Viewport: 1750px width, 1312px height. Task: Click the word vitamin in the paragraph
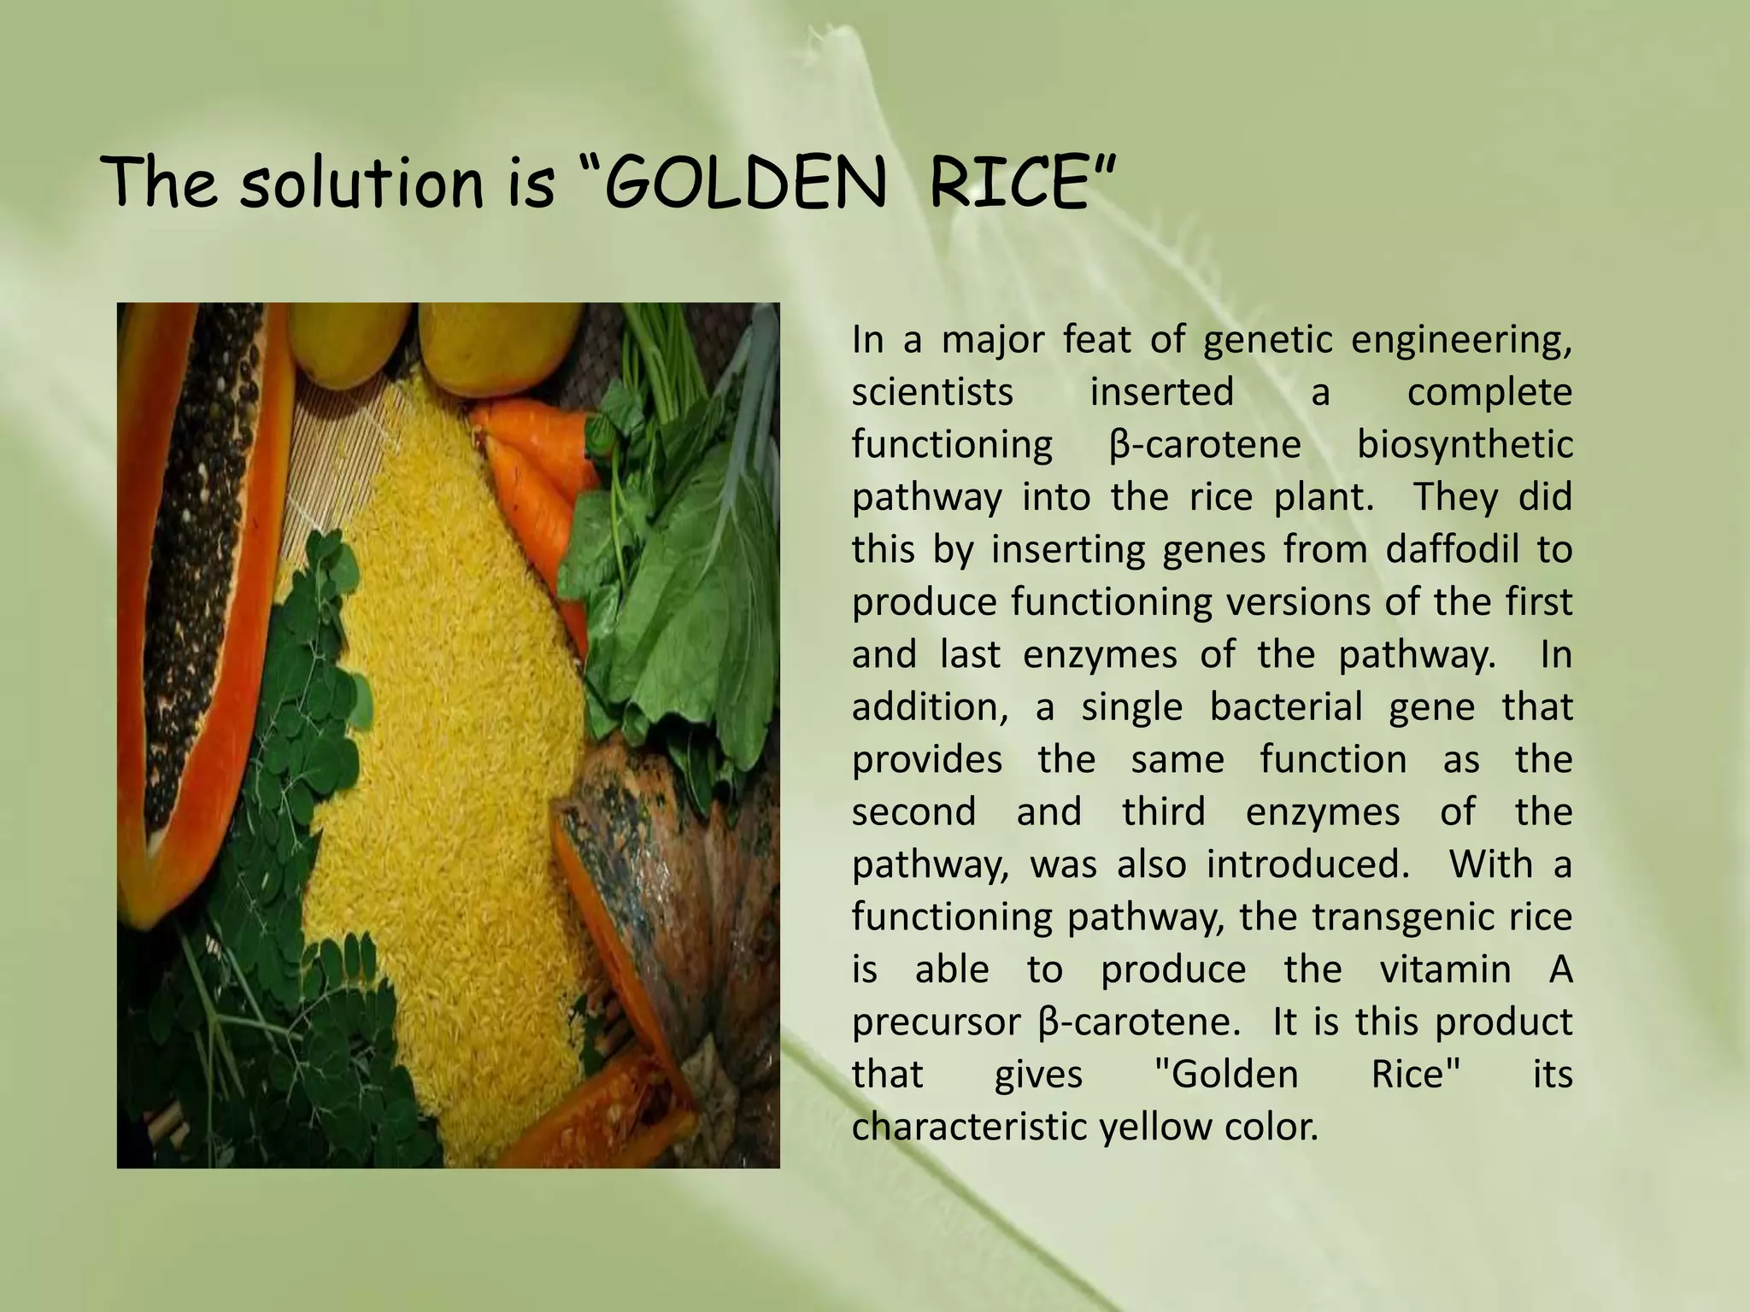click(1445, 969)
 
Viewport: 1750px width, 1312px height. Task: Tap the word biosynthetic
click(1465, 444)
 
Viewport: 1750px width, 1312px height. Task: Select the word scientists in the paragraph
click(932, 392)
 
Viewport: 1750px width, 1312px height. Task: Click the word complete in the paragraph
click(1489, 392)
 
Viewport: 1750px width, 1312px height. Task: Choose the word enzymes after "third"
click(1323, 811)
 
